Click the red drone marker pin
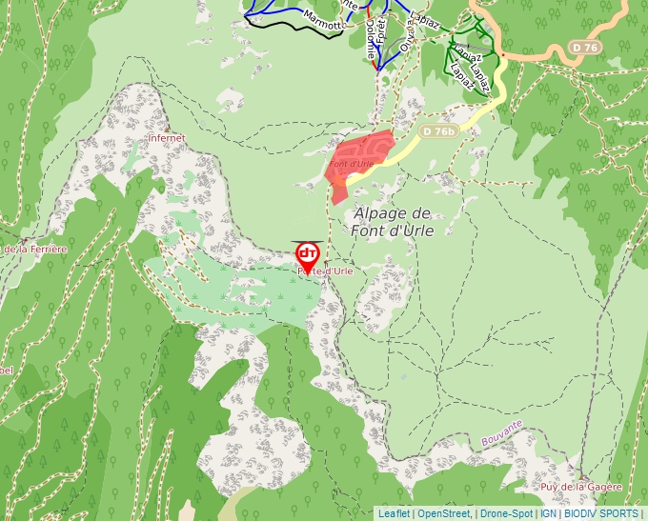pyautogui.click(x=308, y=255)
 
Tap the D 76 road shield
pyautogui.click(x=586, y=47)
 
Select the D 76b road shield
pyautogui.click(x=439, y=131)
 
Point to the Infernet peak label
pyautogui.click(x=167, y=138)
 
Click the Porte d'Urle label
pyautogui.click(x=326, y=271)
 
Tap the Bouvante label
pyautogui.click(x=502, y=431)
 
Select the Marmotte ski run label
pyautogui.click(x=321, y=20)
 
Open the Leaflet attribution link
pyautogui.click(x=394, y=513)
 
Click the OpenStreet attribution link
pyautogui.click(x=443, y=513)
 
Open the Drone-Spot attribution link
pyautogui.click(x=506, y=513)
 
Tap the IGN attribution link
pyautogui.click(x=549, y=513)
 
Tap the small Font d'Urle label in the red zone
pyautogui.click(x=351, y=164)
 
